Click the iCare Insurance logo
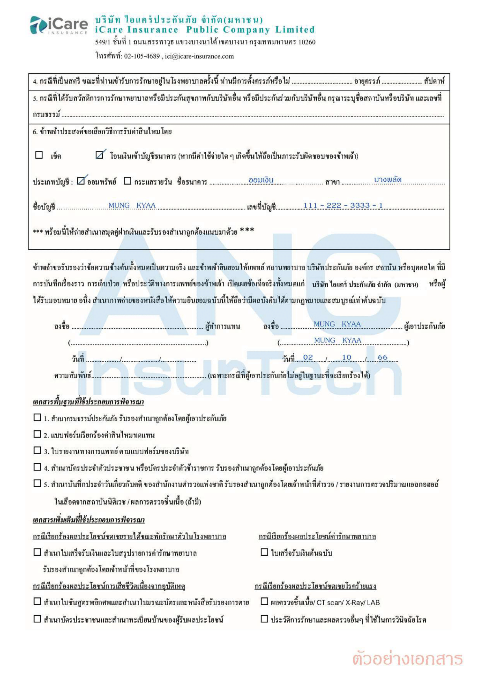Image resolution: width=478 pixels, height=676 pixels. (x=59, y=25)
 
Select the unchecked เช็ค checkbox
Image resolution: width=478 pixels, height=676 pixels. (x=39, y=155)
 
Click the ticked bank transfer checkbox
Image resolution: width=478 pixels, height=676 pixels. (x=99, y=155)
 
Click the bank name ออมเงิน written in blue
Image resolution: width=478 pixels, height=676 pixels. (x=261, y=180)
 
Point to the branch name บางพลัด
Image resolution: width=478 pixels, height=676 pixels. (x=387, y=179)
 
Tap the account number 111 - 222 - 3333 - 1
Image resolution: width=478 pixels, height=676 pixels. (x=343, y=205)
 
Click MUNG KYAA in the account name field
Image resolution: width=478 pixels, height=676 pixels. (x=132, y=205)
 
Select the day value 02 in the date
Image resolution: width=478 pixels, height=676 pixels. (x=308, y=357)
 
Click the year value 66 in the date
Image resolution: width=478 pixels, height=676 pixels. (x=382, y=357)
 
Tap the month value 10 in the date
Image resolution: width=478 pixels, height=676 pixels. (x=347, y=357)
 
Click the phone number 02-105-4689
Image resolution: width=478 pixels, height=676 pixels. (x=142, y=56)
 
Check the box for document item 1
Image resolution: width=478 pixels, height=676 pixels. (x=37, y=417)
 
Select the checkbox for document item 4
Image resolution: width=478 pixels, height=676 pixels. (x=37, y=467)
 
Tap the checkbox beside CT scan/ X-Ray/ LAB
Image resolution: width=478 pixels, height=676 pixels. (x=264, y=601)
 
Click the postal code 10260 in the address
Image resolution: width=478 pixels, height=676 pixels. (x=307, y=42)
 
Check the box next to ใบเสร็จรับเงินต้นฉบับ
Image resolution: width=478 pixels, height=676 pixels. (x=264, y=552)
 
